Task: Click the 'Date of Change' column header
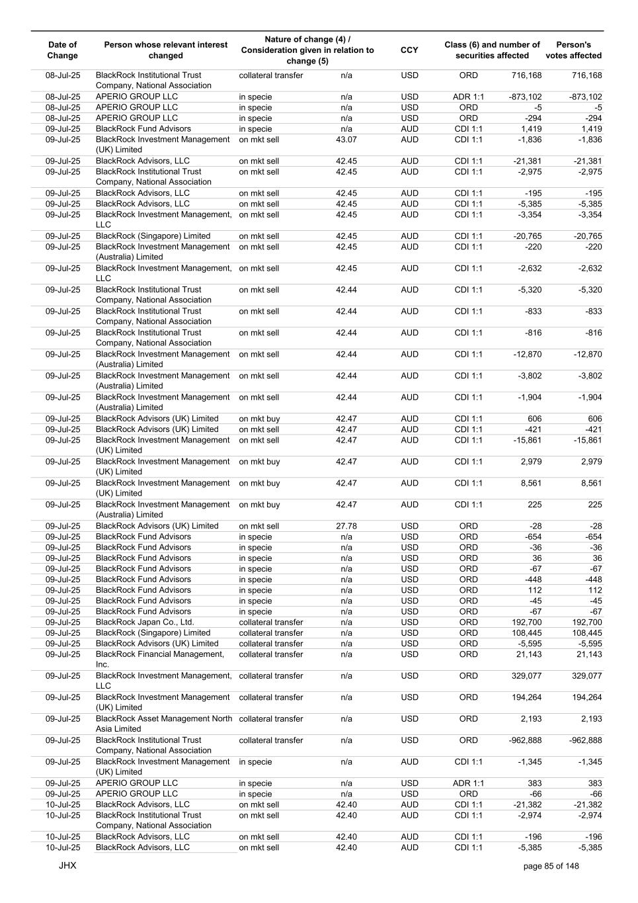63,50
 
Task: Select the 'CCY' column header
409,50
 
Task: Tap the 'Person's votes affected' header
573,50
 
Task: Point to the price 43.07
346,140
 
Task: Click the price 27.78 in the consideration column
346,526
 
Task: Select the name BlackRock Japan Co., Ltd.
145,623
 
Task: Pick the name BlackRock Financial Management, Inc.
160,659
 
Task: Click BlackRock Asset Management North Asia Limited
164,724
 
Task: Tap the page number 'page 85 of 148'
551,866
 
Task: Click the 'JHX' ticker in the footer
67,865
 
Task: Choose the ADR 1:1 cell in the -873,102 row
468,97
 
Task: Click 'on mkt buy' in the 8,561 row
259,483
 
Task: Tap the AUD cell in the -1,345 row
409,762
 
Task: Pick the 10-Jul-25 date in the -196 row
63,837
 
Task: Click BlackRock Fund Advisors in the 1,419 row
143,129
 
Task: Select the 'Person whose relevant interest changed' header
165,50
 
